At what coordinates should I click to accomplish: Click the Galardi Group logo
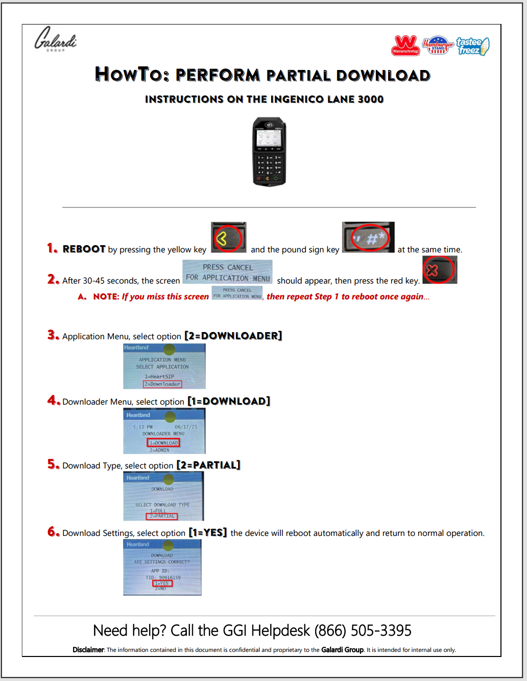pos(55,39)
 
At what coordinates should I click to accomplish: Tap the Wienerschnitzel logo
pos(405,45)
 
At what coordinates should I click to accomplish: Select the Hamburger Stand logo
pos(438,45)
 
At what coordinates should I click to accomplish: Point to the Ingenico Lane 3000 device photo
pos(270,152)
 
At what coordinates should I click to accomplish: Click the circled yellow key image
pos(228,238)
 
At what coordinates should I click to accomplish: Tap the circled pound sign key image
pos(368,238)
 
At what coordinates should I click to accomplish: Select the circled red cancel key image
pos(439,270)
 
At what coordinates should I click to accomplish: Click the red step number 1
pos(52,248)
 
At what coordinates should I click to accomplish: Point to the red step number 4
pos(53,401)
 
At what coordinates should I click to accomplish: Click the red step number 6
pos(53,532)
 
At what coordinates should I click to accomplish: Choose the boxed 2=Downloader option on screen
pos(162,384)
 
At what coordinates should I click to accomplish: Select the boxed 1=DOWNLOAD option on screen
pos(163,443)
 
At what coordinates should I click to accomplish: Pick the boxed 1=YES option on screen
pos(162,583)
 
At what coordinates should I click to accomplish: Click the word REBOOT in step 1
pos(84,249)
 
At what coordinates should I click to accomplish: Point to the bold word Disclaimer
pos(88,650)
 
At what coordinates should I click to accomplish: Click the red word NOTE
pos(106,297)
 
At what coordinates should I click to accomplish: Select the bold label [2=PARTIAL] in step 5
pos(208,465)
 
